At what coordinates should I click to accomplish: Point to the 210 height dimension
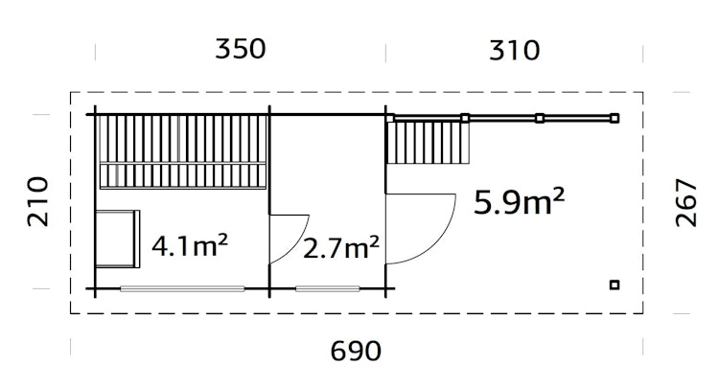pyautogui.click(x=36, y=201)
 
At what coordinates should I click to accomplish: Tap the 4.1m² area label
pyautogui.click(x=190, y=247)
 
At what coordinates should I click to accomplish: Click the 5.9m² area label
pyautogui.click(x=519, y=203)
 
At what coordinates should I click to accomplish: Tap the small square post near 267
pyautogui.click(x=615, y=284)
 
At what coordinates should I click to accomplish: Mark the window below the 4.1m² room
pyautogui.click(x=182, y=288)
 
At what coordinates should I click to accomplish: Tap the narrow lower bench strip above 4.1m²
pyautogui.click(x=182, y=174)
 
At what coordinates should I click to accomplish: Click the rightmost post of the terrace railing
pyautogui.click(x=615, y=118)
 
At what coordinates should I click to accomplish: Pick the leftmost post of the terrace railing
pyautogui.click(x=392, y=118)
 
